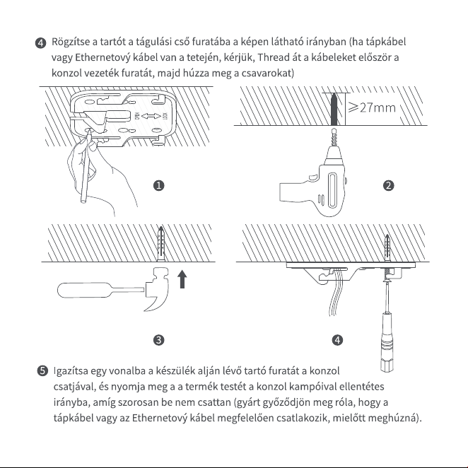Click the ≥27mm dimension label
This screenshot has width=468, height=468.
pyautogui.click(x=372, y=107)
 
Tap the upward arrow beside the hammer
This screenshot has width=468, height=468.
pyautogui.click(x=182, y=279)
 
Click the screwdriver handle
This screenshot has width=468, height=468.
pyautogui.click(x=387, y=341)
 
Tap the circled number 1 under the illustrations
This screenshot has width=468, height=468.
pyautogui.click(x=159, y=186)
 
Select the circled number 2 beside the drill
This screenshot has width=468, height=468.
pyautogui.click(x=388, y=186)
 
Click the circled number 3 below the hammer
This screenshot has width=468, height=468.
pyautogui.click(x=159, y=340)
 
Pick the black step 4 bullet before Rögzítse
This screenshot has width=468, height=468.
pyautogui.click(x=40, y=43)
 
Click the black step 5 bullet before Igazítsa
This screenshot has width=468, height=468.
pyautogui.click(x=42, y=371)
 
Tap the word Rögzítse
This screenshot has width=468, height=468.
pyautogui.click(x=71, y=42)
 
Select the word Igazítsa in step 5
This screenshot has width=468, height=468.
pyautogui.click(x=71, y=371)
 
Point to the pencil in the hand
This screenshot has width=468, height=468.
pyautogui.click(x=86, y=167)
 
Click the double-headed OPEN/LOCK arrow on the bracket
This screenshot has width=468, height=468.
pyautogui.click(x=151, y=116)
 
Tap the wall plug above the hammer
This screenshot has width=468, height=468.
pyautogui.click(x=161, y=244)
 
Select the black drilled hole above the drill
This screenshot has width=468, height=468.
pyautogui.click(x=334, y=110)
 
